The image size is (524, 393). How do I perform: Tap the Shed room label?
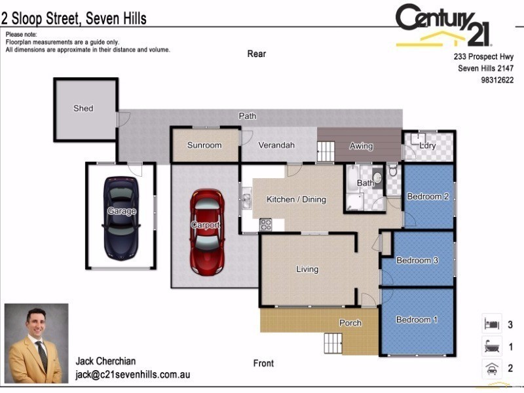(x=83, y=108)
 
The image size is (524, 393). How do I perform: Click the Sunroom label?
(x=204, y=145)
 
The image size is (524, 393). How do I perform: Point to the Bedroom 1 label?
(x=417, y=320)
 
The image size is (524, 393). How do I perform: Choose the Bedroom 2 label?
(x=428, y=196)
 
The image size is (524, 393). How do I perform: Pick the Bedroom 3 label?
(x=417, y=260)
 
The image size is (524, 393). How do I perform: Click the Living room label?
(x=307, y=269)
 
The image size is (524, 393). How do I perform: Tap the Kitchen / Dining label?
(x=296, y=199)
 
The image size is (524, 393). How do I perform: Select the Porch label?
(x=350, y=323)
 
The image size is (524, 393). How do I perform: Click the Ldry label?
(x=428, y=145)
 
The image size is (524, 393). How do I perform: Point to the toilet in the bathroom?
(x=392, y=171)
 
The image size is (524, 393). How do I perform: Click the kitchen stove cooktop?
(x=266, y=224)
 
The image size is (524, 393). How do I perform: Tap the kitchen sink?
(x=246, y=197)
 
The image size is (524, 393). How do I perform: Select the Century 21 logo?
(x=443, y=26)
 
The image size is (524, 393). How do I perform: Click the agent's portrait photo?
(x=37, y=343)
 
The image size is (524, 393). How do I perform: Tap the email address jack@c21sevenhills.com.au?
(x=133, y=375)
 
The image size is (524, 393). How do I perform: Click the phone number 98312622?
(x=497, y=81)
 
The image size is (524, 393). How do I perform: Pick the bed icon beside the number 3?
(x=491, y=324)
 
